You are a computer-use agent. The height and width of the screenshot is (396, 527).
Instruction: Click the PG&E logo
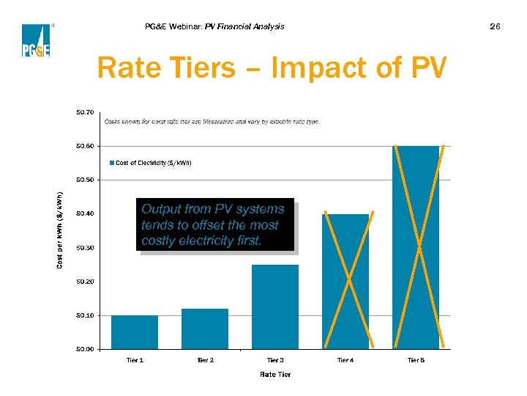pos(36,40)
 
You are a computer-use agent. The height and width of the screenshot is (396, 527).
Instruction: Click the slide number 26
pos(496,26)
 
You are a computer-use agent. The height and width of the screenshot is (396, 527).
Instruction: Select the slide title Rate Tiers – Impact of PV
pos(271,68)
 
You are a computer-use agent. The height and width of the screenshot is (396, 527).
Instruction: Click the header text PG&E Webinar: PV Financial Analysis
pos(215,26)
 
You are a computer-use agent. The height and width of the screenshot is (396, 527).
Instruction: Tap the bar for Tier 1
pos(135,332)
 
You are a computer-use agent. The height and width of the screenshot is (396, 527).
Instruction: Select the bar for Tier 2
pos(205,329)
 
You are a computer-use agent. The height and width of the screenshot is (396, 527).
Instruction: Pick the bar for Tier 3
pos(275,307)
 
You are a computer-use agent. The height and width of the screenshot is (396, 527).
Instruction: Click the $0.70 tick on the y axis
pos(85,112)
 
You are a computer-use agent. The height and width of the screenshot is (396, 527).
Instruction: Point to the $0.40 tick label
pos(85,213)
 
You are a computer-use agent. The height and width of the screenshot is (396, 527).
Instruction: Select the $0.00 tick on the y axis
pos(85,349)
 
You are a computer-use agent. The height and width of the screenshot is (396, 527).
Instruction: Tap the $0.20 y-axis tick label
pos(85,282)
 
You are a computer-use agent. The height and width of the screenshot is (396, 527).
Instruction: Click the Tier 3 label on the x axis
pos(275,360)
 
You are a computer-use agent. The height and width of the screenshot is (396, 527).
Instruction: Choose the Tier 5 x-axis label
pos(416,360)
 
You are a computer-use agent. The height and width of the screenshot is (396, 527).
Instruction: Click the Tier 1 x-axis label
pos(135,360)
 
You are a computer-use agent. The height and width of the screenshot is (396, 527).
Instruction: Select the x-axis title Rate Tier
pos(275,374)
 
